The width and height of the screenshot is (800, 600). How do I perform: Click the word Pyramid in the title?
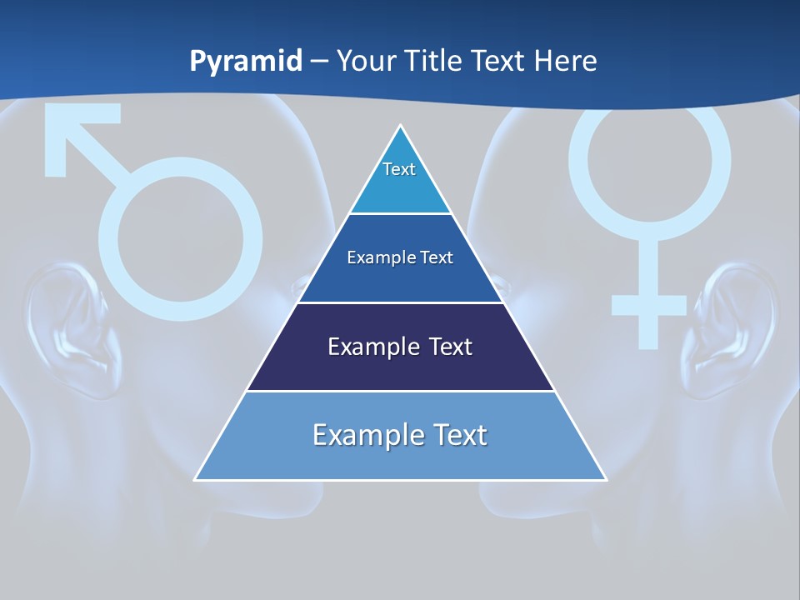point(246,62)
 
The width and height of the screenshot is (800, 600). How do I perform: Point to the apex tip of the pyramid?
point(401,127)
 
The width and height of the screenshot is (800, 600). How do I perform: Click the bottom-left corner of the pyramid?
point(197,478)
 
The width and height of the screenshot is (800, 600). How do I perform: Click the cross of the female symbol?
point(649,304)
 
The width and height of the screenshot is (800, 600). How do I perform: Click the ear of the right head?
point(732,325)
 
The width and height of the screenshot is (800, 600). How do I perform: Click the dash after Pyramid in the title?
point(319,62)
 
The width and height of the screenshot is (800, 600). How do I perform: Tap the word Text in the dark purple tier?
point(445,347)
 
